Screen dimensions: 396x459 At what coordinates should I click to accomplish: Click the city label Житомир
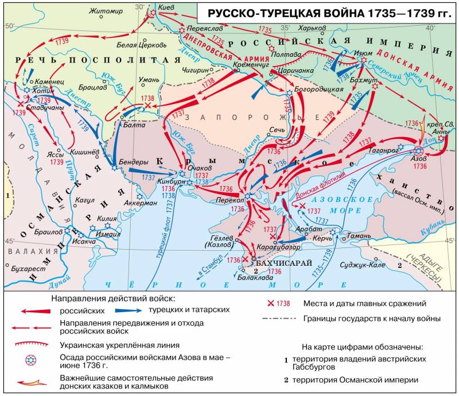point(108,10)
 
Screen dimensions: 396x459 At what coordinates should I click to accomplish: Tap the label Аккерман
point(141,203)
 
